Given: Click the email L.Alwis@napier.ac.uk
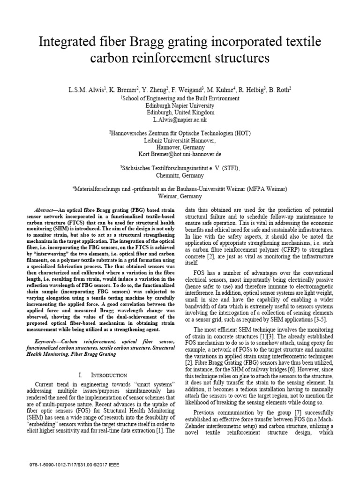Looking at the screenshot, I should click(x=180, y=120).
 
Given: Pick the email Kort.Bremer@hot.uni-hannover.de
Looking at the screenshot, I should click(x=180, y=154).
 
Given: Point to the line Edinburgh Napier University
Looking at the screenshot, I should click(x=180, y=105).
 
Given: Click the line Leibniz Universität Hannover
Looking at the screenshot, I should click(x=180, y=140).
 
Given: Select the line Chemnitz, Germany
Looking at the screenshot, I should click(x=180, y=176).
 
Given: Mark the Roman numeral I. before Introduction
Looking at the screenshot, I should click(x=81, y=375).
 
